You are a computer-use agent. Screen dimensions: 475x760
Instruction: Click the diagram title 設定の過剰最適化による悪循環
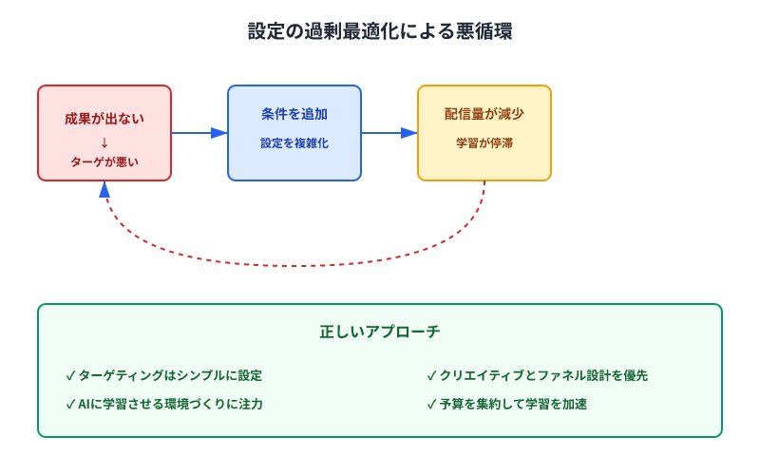pyautogui.click(x=380, y=31)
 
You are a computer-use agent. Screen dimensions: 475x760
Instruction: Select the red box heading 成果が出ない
pyautogui.click(x=104, y=120)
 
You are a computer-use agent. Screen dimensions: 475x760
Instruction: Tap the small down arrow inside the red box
pyautogui.click(x=104, y=142)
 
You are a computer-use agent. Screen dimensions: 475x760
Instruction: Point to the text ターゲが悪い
pyautogui.click(x=104, y=161)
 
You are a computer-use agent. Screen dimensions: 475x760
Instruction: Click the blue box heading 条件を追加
pyautogui.click(x=294, y=114)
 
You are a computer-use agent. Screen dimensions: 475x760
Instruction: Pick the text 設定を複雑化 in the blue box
pyautogui.click(x=294, y=143)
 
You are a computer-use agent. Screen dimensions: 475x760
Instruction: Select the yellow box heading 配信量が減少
pyautogui.click(x=484, y=114)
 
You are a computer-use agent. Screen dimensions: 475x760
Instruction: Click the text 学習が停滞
pyautogui.click(x=484, y=143)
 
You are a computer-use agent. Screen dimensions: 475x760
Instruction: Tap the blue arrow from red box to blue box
pyautogui.click(x=199, y=133)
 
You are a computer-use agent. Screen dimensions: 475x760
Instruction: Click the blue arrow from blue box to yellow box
pyautogui.click(x=389, y=133)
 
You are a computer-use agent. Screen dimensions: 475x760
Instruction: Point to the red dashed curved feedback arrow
pyautogui.click(x=294, y=265)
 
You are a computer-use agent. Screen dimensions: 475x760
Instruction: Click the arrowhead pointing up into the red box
pyautogui.click(x=104, y=189)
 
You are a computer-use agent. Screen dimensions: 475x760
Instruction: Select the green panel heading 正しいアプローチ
pyautogui.click(x=380, y=332)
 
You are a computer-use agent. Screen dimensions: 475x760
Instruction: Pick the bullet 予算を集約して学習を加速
pyautogui.click(x=513, y=404)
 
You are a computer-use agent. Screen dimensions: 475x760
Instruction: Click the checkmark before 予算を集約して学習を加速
pyautogui.click(x=431, y=404)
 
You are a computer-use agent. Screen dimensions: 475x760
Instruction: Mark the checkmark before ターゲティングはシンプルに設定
pyautogui.click(x=70, y=375)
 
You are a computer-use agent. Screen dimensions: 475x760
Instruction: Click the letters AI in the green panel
pyautogui.click(x=85, y=404)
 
